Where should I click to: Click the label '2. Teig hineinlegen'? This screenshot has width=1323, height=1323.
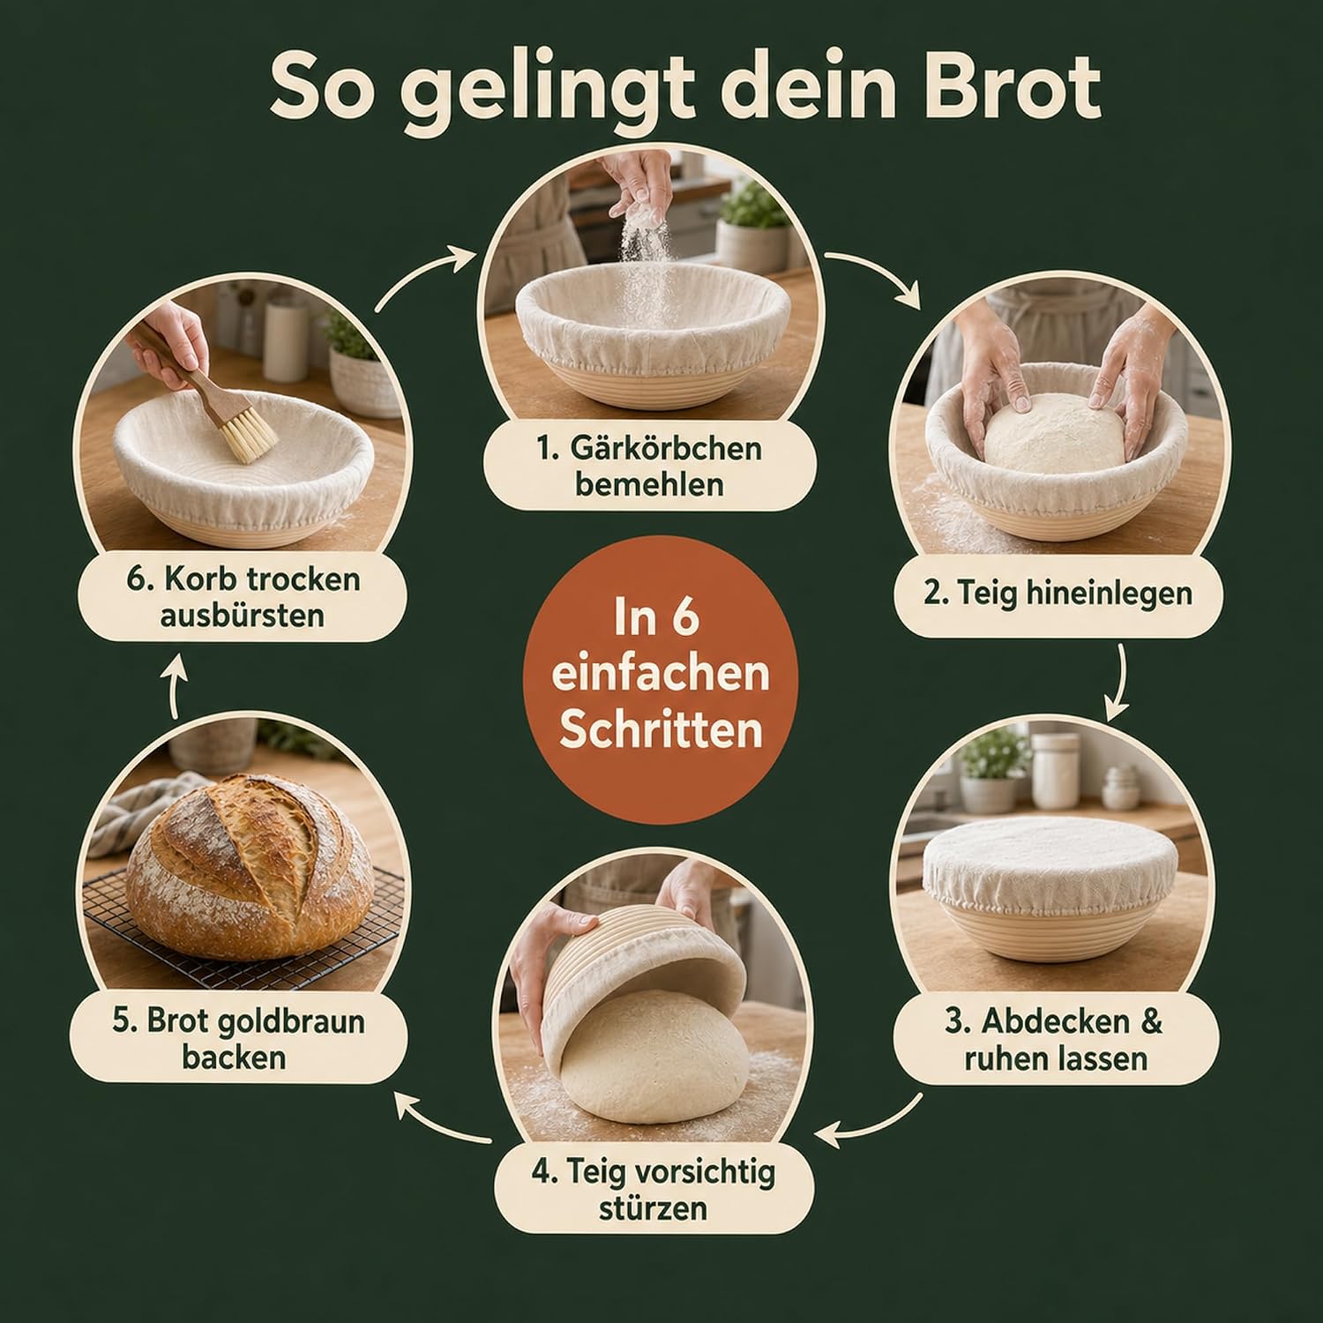[x=1058, y=593]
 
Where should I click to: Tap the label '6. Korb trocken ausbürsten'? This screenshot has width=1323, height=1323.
[x=243, y=596]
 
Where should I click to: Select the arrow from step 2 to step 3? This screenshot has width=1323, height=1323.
[x=1123, y=684]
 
